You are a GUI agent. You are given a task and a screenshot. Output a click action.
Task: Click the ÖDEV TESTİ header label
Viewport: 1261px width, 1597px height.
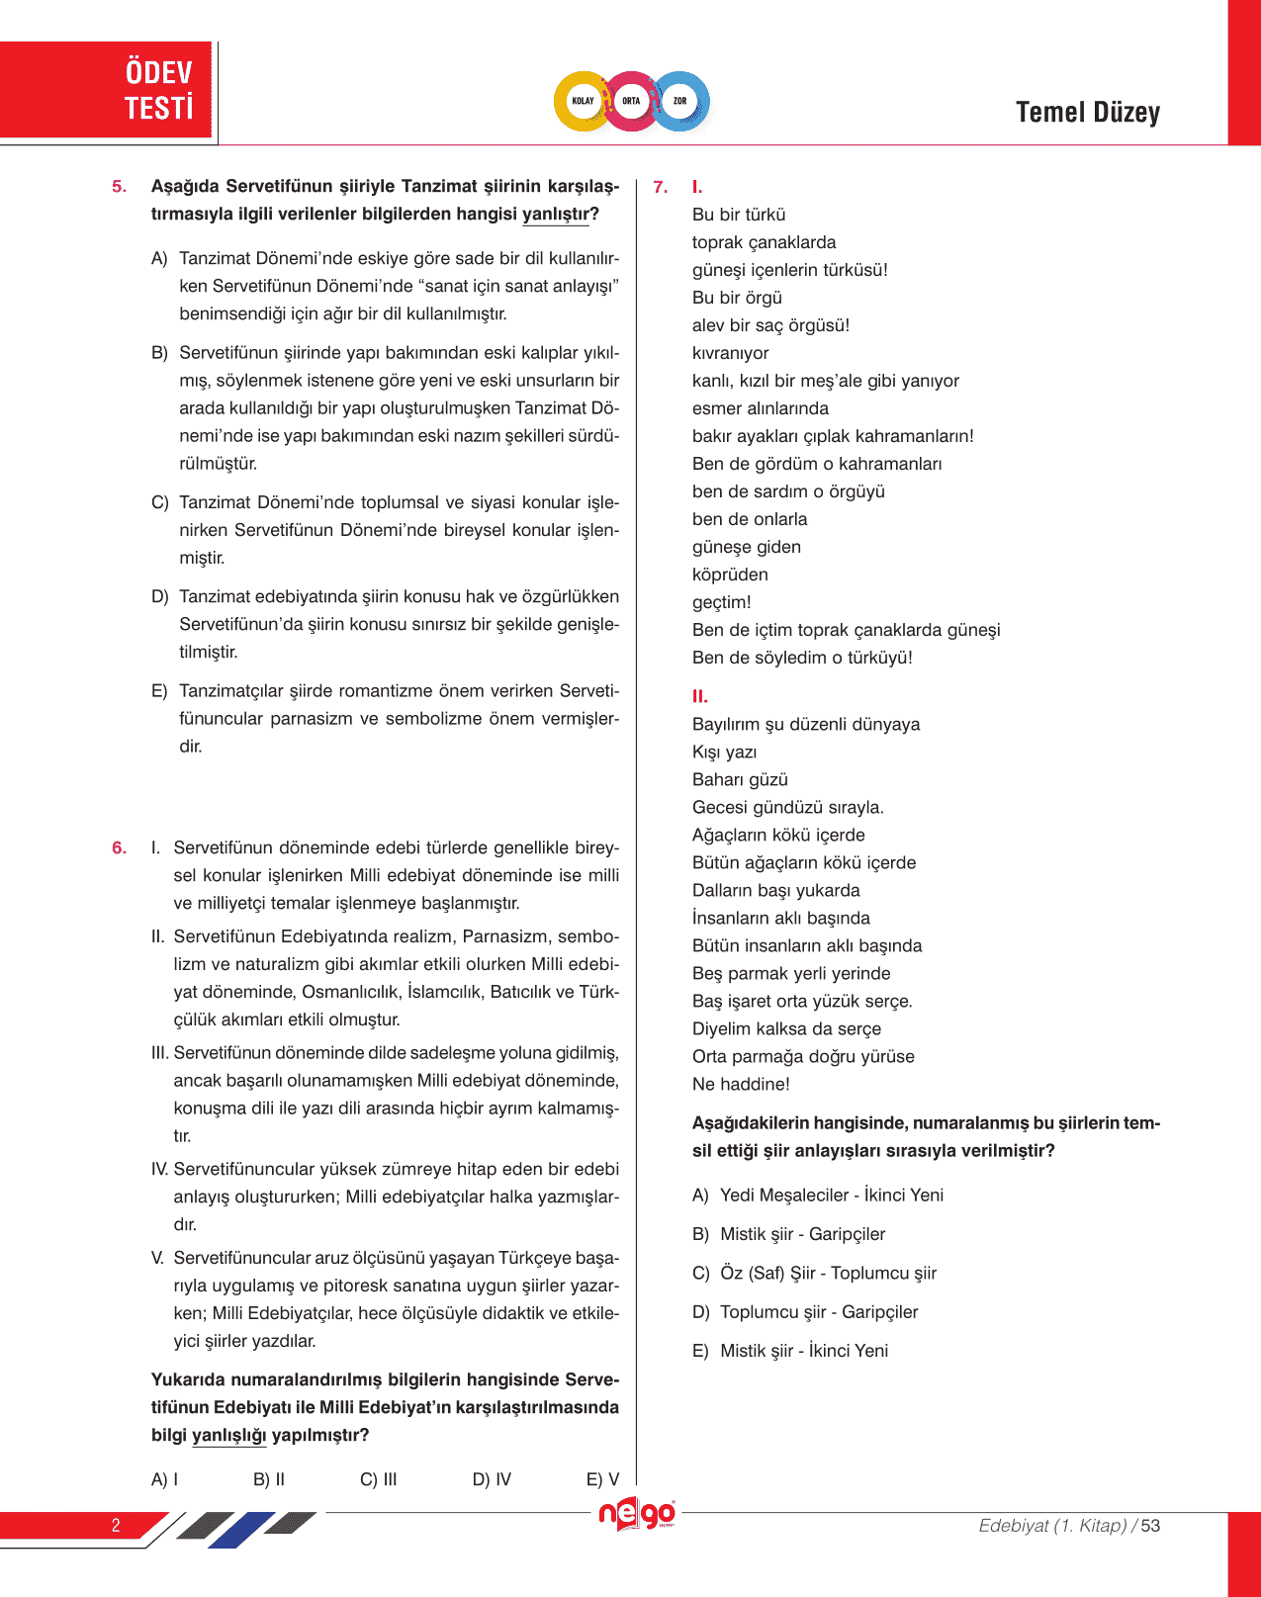click(x=158, y=90)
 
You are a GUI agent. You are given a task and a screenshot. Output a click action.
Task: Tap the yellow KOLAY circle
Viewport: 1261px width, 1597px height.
click(x=584, y=101)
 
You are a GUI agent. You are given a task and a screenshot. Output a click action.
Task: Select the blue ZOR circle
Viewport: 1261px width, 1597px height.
click(x=680, y=101)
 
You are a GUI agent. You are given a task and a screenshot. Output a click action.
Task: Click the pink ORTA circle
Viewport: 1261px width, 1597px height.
click(x=631, y=101)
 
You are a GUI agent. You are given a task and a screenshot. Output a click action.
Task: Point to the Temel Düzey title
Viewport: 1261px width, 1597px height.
click(x=1087, y=113)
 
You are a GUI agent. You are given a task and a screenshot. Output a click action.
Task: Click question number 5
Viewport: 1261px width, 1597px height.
click(x=120, y=187)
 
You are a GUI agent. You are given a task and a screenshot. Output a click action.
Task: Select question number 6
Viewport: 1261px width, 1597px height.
click(x=120, y=848)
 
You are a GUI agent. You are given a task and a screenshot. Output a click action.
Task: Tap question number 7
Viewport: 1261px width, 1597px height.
click(x=661, y=187)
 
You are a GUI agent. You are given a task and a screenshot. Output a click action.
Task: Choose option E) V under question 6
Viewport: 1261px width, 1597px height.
click(x=602, y=1479)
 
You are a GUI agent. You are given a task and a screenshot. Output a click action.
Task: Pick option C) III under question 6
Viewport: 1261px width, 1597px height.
click(x=379, y=1479)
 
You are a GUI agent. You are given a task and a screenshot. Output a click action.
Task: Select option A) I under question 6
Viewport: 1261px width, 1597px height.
click(x=165, y=1479)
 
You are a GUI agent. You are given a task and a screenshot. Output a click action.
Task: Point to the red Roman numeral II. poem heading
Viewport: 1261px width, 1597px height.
click(x=700, y=697)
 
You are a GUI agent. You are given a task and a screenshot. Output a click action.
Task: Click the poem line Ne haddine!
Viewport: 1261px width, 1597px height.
click(x=741, y=1085)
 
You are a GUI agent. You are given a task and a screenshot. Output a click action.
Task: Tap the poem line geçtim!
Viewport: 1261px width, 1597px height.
click(x=721, y=602)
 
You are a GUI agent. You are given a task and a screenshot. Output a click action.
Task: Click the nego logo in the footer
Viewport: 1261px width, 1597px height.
click(x=637, y=1515)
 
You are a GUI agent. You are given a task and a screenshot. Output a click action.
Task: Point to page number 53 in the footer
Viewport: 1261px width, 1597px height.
click(x=1150, y=1526)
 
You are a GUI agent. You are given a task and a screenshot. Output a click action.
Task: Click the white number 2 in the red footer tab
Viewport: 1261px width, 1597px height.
click(x=116, y=1525)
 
